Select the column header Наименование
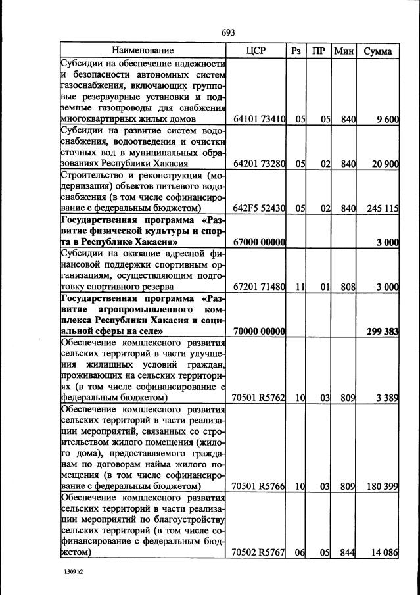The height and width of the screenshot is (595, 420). point(143,51)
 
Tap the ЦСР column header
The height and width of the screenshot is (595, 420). point(255,51)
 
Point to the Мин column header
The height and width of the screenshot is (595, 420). point(343,51)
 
